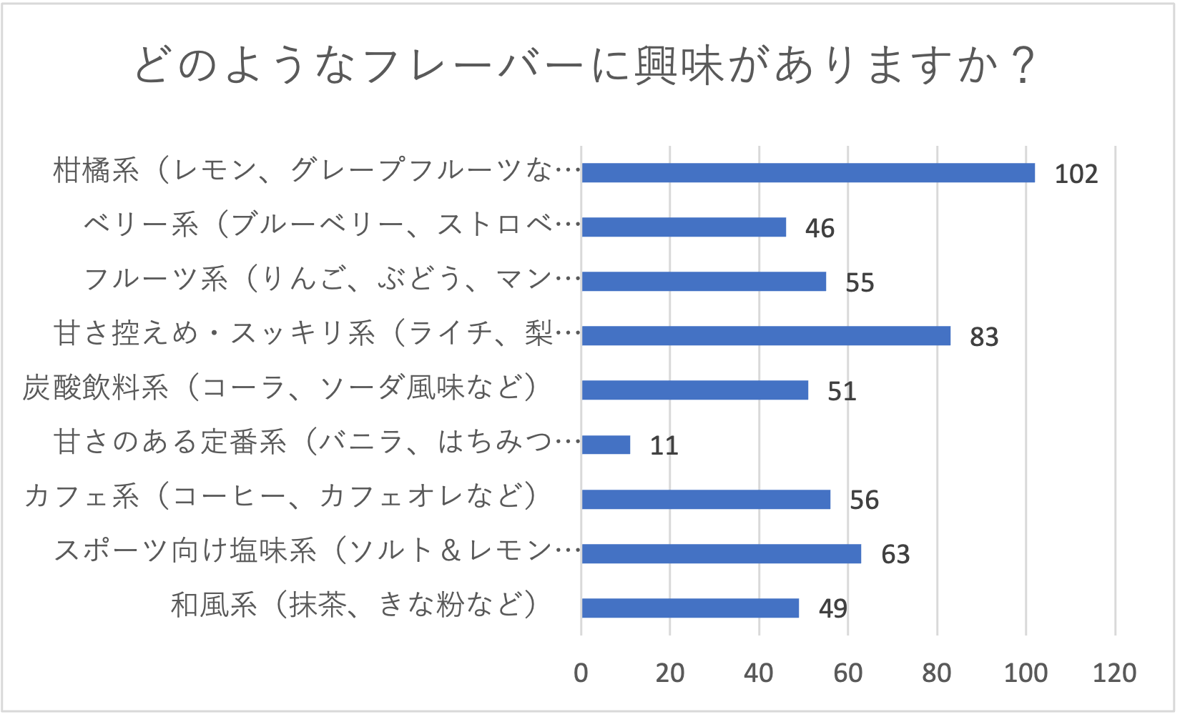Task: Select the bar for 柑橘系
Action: pos(808,173)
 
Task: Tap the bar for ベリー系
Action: pos(684,227)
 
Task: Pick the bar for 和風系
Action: pos(690,608)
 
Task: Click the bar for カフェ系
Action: pos(706,500)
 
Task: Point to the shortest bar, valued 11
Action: pos(606,445)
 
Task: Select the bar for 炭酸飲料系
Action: pos(694,390)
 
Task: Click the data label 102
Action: pos(1076,174)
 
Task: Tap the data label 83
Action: pos(984,337)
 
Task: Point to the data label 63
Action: pos(895,555)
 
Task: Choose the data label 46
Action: pos(820,229)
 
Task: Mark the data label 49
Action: pos(833,609)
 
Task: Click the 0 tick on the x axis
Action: pos(581,673)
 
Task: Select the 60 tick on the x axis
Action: pos(848,673)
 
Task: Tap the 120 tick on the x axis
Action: pos(1114,673)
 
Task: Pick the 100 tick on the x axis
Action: pos(1026,673)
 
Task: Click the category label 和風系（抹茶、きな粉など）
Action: pos(354,605)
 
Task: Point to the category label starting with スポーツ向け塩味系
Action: pos(317,551)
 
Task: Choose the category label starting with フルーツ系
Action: pos(332,280)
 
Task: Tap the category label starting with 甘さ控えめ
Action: pos(317,334)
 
